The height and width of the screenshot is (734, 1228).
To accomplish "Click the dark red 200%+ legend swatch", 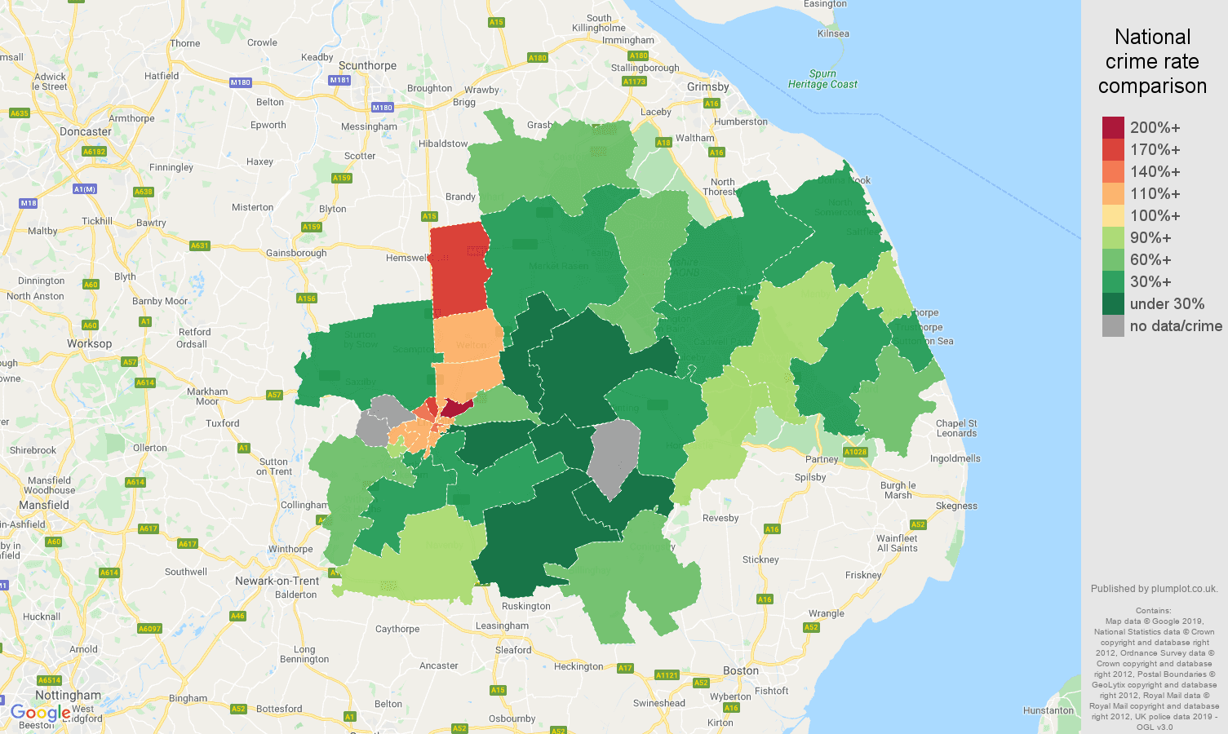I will point(1113,127).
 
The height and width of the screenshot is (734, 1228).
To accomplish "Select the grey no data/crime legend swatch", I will point(1113,325).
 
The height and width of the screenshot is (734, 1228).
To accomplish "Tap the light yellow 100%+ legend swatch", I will point(1113,215).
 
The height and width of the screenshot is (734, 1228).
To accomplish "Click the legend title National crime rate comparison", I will point(1152,61).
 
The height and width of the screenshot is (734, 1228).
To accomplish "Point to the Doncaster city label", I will point(86,131).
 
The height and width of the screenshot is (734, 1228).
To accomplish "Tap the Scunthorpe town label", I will point(367,65).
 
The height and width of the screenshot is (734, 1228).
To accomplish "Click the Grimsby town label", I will point(708,86).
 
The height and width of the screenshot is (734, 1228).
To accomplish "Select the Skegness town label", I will point(956,506).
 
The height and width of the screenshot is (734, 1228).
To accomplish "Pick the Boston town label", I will point(741,670).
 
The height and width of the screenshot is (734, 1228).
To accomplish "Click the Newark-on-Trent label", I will point(277,581).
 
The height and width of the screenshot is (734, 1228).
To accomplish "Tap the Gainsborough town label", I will point(296,253).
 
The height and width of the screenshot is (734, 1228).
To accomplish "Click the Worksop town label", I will point(90,343).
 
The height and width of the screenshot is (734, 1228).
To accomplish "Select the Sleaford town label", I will point(513,650).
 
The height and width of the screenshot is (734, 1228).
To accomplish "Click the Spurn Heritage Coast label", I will point(822,79).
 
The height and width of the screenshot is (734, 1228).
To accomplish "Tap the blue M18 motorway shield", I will point(29,203).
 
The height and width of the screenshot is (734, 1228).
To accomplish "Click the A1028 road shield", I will point(855,452).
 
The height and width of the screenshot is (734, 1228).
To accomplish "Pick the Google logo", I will point(40,714).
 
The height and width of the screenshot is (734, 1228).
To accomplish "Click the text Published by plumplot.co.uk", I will point(1154,589).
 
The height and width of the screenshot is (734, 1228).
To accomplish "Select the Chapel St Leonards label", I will point(956,428).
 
